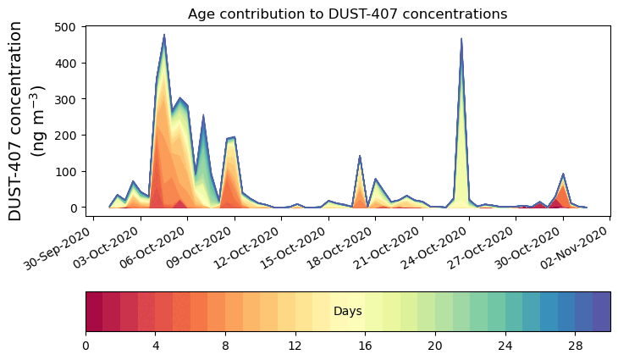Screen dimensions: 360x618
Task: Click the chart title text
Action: pos(347,14)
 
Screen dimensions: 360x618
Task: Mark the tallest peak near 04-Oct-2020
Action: pos(164,36)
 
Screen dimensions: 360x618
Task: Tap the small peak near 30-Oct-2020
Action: pos(563,174)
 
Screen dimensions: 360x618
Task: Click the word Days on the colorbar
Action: pos(347,312)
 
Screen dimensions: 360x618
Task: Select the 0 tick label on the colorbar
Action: pos(86,346)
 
